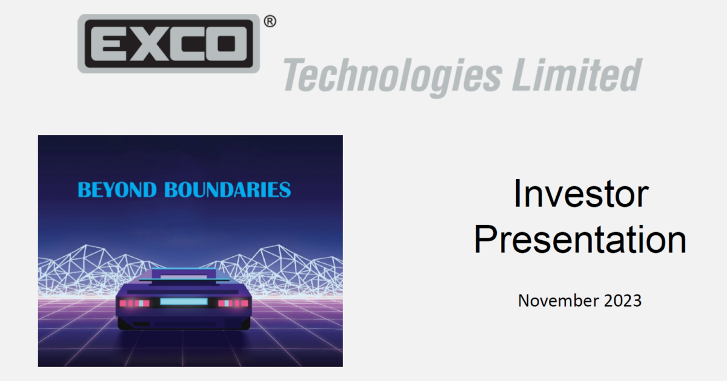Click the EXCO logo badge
[168, 44]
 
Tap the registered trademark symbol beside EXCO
[270, 22]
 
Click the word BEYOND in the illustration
[118, 190]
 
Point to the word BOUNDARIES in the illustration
[228, 190]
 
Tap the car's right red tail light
[233, 302]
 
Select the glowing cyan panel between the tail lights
[184, 302]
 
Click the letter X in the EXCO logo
[149, 44]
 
